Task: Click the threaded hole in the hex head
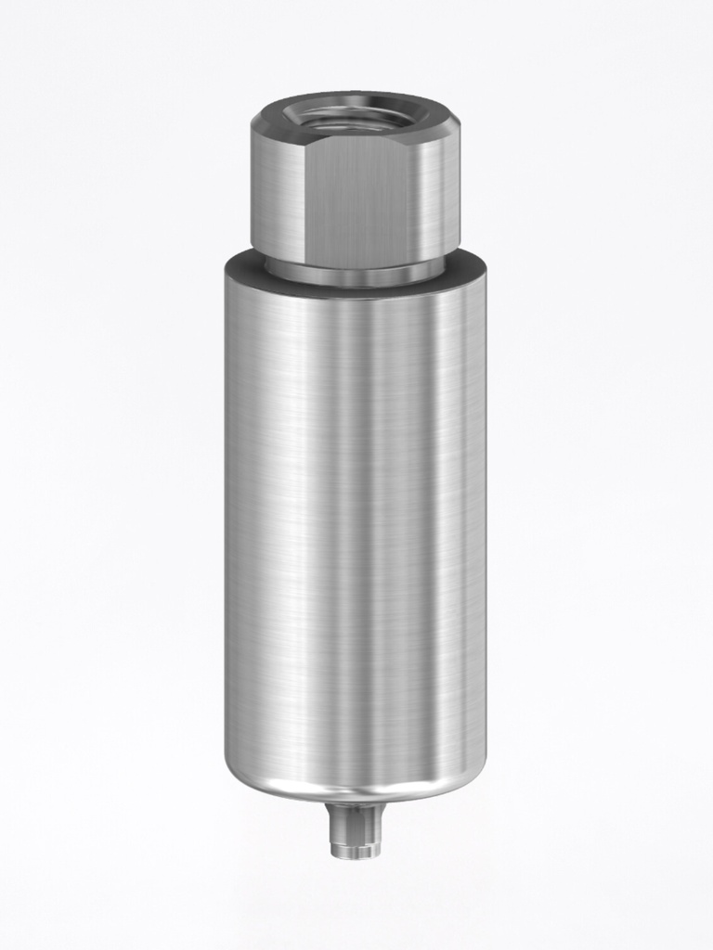pyautogui.click(x=355, y=117)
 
